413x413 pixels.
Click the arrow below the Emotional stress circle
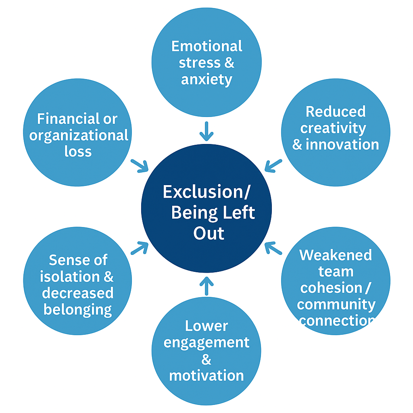pos(206,131)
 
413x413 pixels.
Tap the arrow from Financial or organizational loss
pos(140,165)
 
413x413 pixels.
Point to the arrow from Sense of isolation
pos(140,248)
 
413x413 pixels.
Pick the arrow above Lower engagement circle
pos(206,285)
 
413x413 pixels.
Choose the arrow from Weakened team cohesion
pos(273,248)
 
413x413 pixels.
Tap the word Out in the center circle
pos(209,233)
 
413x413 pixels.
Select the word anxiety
pos(206,79)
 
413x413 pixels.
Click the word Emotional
pos(206,46)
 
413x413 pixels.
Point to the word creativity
pos(333,128)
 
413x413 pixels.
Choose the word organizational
pos(79,136)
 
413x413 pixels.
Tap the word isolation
pos(65,277)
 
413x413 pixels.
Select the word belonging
pos(77,310)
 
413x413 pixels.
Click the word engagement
pos(206,342)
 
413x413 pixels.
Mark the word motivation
pos(206,375)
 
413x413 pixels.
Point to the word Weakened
pos(336,255)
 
